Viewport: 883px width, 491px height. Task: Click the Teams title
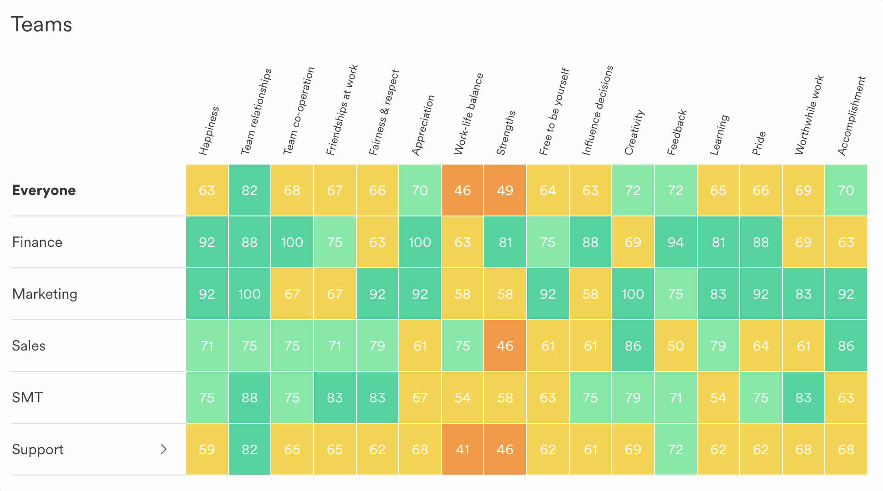41,25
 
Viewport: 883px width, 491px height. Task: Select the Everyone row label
44,190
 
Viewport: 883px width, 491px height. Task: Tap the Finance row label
37,242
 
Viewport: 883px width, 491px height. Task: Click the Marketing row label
45,294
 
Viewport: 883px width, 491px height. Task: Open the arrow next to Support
164,449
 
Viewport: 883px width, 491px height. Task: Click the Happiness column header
209,131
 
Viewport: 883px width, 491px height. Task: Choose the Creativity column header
634,132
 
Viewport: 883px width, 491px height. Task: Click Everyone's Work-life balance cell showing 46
462,190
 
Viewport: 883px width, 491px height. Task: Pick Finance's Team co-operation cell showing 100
292,242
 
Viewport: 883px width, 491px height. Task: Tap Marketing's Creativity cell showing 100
633,294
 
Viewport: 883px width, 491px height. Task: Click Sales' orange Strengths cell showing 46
505,346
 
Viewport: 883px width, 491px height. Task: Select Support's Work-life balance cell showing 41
462,450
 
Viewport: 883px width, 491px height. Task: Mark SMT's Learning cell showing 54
718,398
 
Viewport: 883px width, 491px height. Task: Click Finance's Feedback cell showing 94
675,242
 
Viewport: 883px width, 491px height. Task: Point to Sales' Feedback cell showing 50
675,346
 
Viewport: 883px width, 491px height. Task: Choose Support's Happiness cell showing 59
207,450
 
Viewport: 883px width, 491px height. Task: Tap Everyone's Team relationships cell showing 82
249,190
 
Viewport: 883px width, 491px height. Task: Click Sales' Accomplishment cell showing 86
846,346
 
